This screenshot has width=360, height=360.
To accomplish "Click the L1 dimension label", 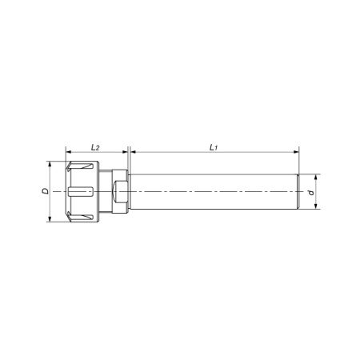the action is point(214,147).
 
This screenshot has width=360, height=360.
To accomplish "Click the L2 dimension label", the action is point(95,147).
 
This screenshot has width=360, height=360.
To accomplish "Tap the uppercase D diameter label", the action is point(46,191).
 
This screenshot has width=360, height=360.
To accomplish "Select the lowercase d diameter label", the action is point(311,192).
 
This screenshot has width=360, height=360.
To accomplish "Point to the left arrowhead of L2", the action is point(69,152).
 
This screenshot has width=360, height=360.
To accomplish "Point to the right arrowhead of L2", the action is point(125,152).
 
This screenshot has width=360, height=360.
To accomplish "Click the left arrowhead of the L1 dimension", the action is point(134,152).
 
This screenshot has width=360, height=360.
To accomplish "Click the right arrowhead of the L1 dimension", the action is point(296,152).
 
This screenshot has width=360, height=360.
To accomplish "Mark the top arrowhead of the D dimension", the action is point(50,164).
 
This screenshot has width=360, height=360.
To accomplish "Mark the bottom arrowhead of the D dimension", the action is point(50,219).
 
